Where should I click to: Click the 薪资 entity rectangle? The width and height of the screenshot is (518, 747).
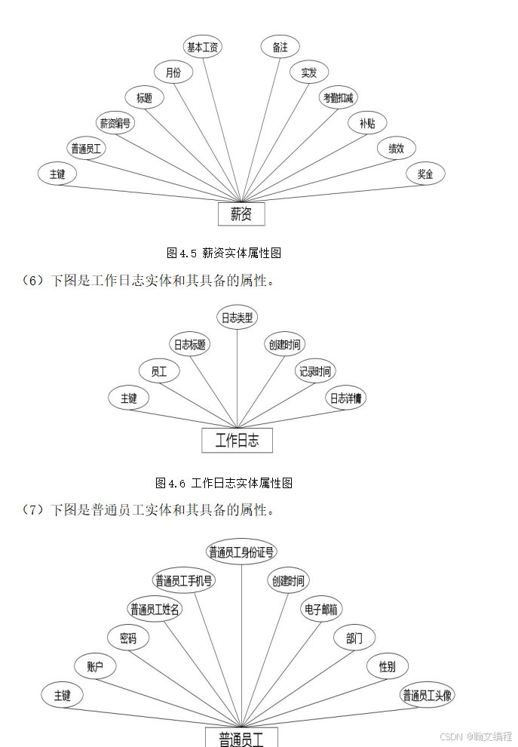pyautogui.click(x=241, y=214)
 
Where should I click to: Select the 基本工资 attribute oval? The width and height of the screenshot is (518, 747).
pyautogui.click(x=203, y=47)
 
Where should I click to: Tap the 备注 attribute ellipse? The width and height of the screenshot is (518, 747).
pyautogui.click(x=280, y=47)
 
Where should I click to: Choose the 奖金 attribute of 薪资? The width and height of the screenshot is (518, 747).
pyautogui.click(x=425, y=174)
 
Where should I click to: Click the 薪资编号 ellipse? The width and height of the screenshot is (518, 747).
pyautogui.click(x=115, y=123)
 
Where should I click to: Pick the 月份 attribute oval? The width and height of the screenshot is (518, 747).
pyautogui.click(x=173, y=72)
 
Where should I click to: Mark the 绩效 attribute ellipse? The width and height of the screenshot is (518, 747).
pyautogui.click(x=396, y=149)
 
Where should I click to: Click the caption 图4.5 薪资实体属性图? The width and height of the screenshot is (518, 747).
pyautogui.click(x=224, y=253)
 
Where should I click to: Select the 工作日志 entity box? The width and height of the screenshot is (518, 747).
pyautogui.click(x=237, y=441)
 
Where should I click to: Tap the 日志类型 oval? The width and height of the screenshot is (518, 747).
pyautogui.click(x=237, y=318)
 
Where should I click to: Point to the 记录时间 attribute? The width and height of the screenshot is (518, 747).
pyautogui.click(x=314, y=371)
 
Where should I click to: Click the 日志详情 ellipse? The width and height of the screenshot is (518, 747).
pyautogui.click(x=345, y=398)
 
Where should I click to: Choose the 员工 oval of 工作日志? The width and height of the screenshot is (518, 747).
pyautogui.click(x=159, y=371)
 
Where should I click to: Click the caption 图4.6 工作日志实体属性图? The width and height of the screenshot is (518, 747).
pyautogui.click(x=224, y=483)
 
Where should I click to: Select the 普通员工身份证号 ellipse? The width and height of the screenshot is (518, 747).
pyautogui.click(x=241, y=552)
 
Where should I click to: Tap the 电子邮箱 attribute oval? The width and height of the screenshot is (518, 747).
pyautogui.click(x=321, y=609)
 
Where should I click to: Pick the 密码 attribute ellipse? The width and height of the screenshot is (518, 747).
pyautogui.click(x=128, y=638)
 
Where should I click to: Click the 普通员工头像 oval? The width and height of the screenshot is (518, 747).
pyautogui.click(x=428, y=695)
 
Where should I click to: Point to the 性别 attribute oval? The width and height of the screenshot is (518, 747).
pyautogui.click(x=387, y=666)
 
